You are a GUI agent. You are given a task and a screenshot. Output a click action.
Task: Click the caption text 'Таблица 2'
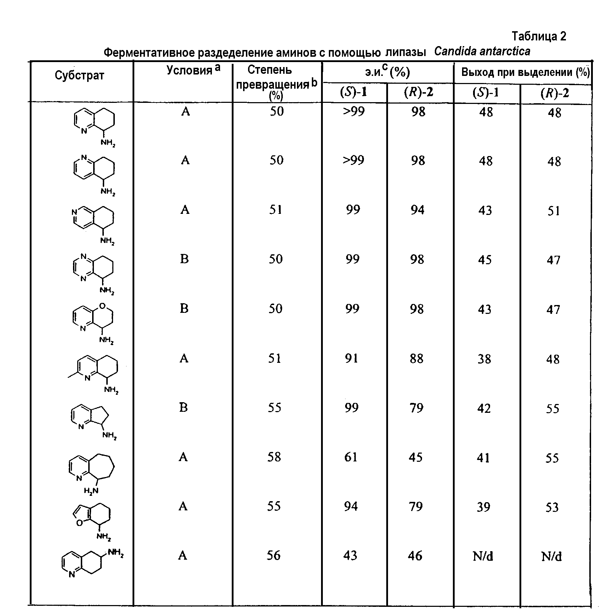(539, 36)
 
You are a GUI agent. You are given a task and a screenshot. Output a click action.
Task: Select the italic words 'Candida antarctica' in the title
(482, 52)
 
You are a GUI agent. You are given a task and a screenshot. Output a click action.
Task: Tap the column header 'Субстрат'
(79, 75)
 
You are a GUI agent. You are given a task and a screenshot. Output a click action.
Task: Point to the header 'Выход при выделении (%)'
(525, 73)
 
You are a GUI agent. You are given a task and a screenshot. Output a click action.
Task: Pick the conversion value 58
(274, 457)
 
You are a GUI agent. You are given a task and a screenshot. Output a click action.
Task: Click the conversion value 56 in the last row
(274, 555)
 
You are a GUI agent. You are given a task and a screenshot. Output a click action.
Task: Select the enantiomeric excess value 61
(351, 457)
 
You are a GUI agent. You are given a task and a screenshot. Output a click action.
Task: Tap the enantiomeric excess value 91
(351, 359)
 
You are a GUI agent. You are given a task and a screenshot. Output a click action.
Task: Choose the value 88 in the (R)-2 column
(416, 359)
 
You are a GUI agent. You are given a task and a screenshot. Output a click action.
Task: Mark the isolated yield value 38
(484, 359)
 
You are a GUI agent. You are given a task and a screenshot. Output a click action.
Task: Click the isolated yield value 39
(483, 507)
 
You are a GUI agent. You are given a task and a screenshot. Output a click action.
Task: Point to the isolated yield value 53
(552, 508)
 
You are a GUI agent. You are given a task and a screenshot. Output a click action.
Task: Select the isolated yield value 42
(484, 409)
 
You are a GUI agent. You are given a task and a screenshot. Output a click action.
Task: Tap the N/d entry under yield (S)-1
(483, 556)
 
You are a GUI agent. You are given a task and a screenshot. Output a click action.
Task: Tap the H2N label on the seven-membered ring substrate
(91, 491)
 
